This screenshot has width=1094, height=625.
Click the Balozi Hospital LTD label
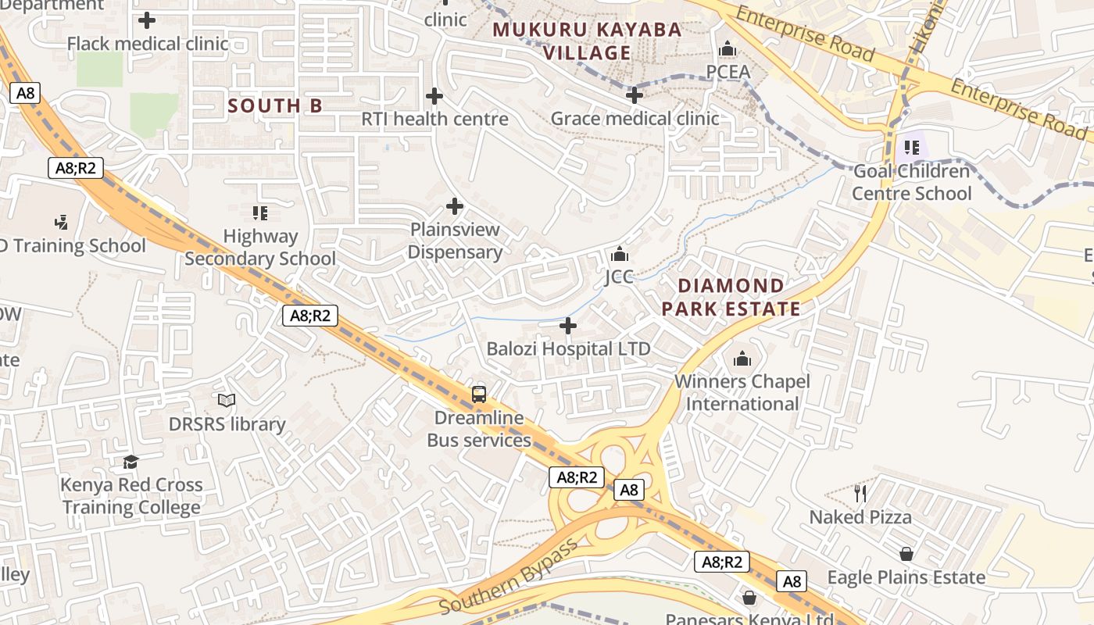click(568, 348)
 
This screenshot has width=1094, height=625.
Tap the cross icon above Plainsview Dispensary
click(454, 206)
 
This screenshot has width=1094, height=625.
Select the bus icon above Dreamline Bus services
click(479, 395)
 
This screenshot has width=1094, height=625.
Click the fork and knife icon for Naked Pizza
click(860, 493)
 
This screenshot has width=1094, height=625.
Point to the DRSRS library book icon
click(227, 401)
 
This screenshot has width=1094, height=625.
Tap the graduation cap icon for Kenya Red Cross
click(130, 462)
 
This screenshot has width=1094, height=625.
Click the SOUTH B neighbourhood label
click(275, 105)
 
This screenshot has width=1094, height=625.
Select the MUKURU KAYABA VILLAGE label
click(588, 41)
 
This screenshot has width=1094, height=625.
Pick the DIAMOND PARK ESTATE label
click(731, 297)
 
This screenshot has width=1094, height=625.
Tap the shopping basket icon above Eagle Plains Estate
click(906, 554)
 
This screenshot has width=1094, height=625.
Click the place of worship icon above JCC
click(619, 254)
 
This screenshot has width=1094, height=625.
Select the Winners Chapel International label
click(742, 392)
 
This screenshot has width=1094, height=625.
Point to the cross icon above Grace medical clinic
click(635, 95)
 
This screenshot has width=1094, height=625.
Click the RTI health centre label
click(434, 119)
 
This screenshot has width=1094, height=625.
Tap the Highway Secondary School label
click(260, 247)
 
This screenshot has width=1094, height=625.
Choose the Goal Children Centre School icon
click(911, 147)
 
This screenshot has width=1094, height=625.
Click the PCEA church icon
click(728, 49)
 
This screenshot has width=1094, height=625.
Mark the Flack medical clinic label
click(148, 43)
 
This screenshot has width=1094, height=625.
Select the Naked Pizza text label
click(860, 517)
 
